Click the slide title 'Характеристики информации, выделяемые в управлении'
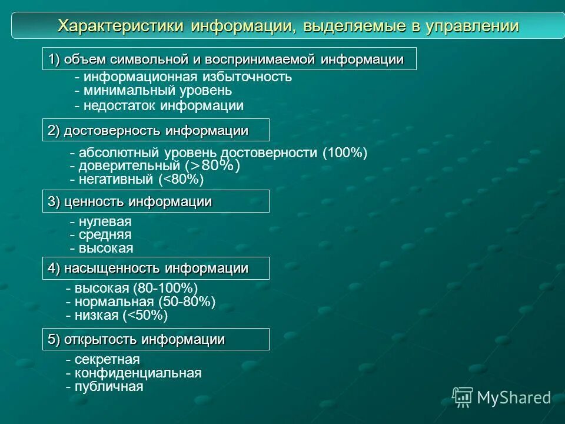click(x=288, y=26)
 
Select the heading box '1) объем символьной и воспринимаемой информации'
click(x=229, y=59)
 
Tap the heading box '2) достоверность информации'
click(x=155, y=130)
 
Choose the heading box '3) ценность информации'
click(x=155, y=201)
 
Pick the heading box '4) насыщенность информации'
click(x=155, y=269)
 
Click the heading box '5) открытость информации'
click(x=155, y=339)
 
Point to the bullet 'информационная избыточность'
click(x=187, y=77)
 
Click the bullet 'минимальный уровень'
click(x=157, y=91)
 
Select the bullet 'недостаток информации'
click(x=163, y=106)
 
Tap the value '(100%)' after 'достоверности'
click(x=345, y=153)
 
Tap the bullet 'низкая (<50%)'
click(x=120, y=316)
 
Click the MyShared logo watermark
click(x=501, y=397)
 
